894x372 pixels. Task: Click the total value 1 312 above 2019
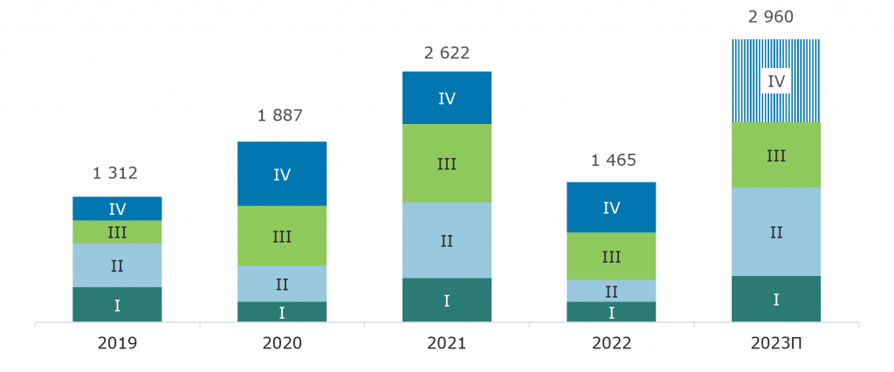pos(116,174)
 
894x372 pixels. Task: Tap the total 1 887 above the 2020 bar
pos(281,117)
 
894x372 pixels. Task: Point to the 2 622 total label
pos(446,53)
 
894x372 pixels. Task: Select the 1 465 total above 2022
pos(611,160)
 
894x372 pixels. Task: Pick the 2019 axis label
pos(116,344)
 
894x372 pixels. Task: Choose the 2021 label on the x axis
pos(446,344)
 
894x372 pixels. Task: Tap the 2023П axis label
pos(776,344)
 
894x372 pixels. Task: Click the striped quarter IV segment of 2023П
pos(776,80)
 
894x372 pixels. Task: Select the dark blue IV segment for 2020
pos(281,174)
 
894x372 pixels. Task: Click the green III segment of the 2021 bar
pos(446,163)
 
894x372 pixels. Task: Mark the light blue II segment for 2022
pos(611,291)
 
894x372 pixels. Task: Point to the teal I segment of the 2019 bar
pos(116,305)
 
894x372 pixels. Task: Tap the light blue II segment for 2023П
pos(776,231)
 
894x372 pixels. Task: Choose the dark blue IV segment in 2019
pos(116,209)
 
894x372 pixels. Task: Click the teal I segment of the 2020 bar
pos(281,312)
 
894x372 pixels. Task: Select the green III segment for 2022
pos(611,256)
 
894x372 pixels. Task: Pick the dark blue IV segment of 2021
pos(446,98)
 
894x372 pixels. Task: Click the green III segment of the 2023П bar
pos(776,155)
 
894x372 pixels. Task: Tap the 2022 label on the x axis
pos(611,344)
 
